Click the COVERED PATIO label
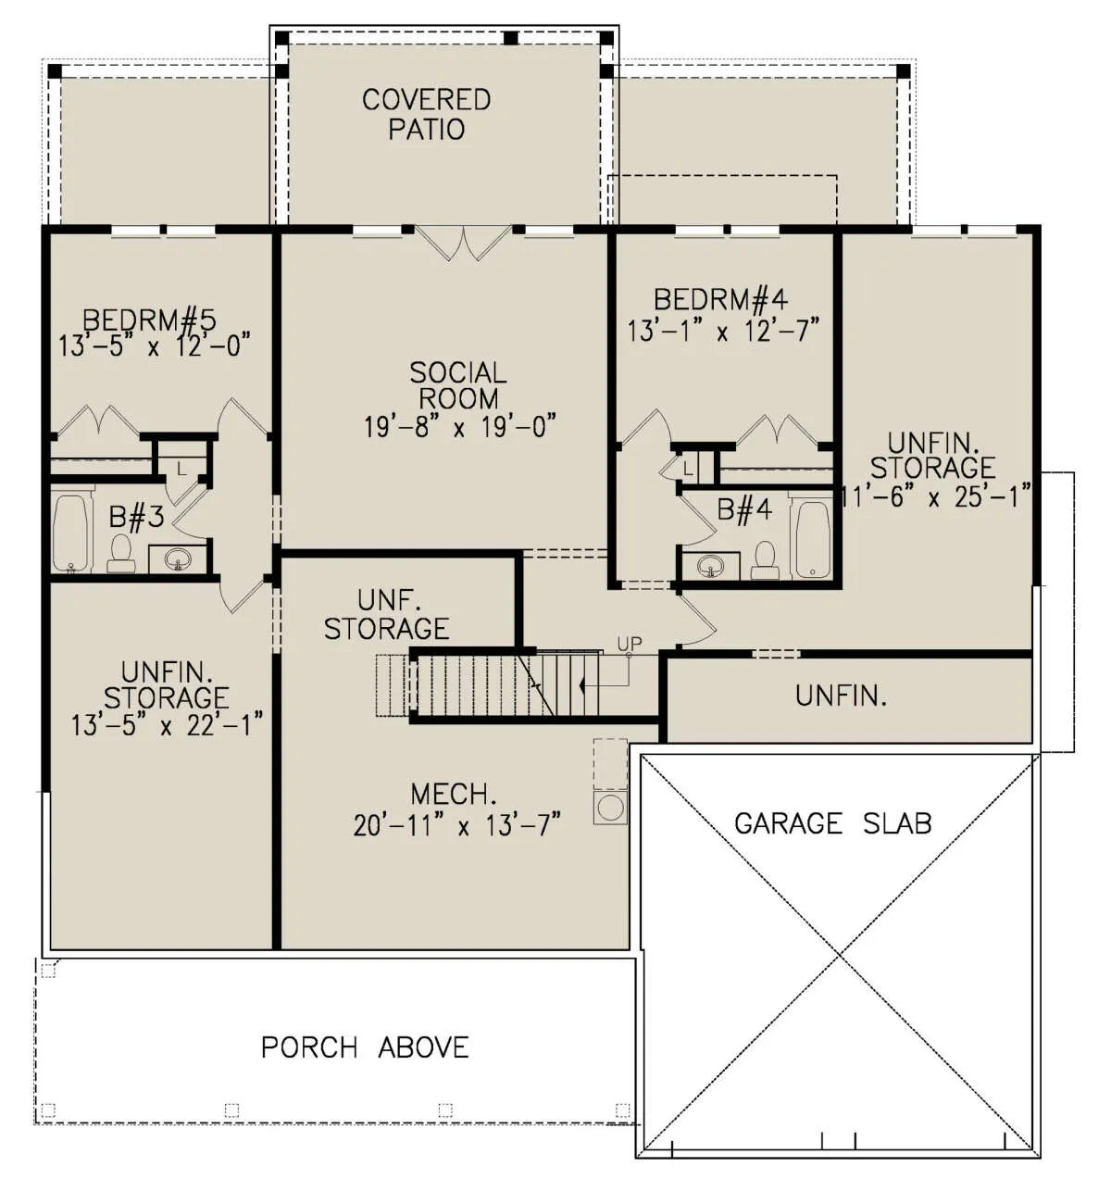[x=426, y=115]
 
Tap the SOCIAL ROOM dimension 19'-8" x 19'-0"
[x=460, y=426]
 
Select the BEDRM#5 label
[x=149, y=320]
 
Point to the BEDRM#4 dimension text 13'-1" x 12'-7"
[x=723, y=330]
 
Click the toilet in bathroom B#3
[x=121, y=553]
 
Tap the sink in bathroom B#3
[x=178, y=558]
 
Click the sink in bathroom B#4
[x=709, y=566]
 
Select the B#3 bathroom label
[x=136, y=517]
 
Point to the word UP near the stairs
[x=630, y=644]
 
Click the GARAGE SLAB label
[x=832, y=823]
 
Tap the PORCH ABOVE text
[x=365, y=1047]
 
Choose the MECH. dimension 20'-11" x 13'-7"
[x=457, y=824]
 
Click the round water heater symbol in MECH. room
[x=611, y=808]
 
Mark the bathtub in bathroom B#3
[x=70, y=533]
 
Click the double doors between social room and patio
[x=463, y=243]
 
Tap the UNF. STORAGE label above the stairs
[x=387, y=615]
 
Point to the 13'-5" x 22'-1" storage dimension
[x=167, y=725]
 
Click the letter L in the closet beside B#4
[x=688, y=470]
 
